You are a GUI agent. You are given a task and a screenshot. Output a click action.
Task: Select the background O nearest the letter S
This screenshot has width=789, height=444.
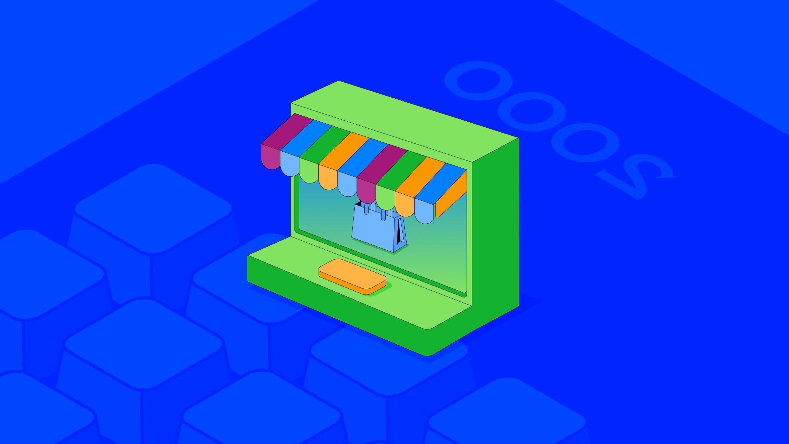coord(585,142)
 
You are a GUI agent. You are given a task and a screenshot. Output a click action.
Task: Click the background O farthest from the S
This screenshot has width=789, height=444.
coord(478,81)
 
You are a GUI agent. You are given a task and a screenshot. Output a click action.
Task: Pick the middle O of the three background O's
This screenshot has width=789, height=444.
coord(532,112)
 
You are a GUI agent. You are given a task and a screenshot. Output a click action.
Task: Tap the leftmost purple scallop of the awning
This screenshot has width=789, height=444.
coord(271,157)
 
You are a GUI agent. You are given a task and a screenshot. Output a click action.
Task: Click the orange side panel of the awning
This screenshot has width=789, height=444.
coord(451,194)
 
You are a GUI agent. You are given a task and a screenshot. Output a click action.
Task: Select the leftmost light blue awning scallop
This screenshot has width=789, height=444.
coord(290,164)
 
